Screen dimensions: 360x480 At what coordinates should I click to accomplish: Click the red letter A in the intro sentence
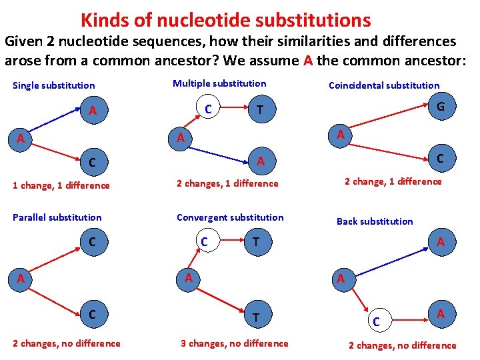coord(307,61)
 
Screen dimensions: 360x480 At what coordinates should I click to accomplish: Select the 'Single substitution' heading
coord(54,85)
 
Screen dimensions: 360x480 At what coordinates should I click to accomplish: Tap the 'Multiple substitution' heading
coord(219,83)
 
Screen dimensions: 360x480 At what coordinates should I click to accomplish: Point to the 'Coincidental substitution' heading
coord(384,85)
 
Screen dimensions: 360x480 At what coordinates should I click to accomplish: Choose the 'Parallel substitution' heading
coord(57,217)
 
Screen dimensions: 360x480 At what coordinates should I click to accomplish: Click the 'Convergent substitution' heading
coord(230,217)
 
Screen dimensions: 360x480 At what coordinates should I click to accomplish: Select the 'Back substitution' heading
coord(375,221)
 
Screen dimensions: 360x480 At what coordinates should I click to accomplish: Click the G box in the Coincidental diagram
coord(440,107)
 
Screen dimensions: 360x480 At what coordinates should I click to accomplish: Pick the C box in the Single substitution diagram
coord(93,161)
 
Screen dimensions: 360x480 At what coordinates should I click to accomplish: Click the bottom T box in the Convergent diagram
coord(256,319)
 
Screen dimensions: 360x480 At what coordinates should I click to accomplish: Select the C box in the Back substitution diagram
coord(377,322)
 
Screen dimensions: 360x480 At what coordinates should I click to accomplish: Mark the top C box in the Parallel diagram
coord(92,242)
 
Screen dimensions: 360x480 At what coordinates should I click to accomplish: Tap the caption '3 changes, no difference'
coord(235,343)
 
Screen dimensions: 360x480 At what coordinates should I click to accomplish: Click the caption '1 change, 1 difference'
coord(61,185)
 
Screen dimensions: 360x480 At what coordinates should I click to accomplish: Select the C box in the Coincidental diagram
coord(439,159)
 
